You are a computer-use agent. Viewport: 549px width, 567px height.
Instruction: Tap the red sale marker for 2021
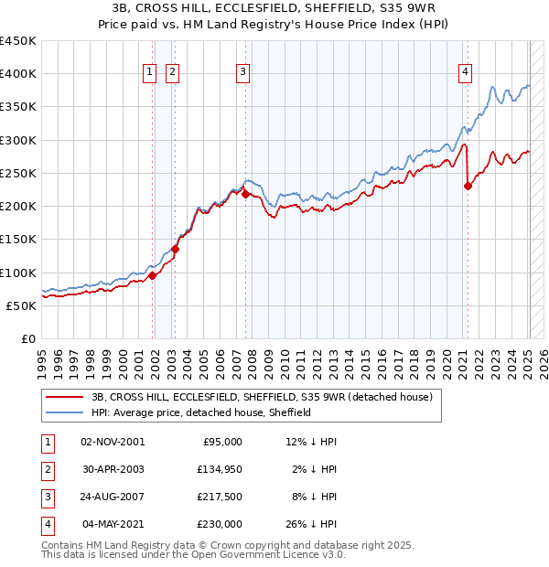pyautogui.click(x=468, y=186)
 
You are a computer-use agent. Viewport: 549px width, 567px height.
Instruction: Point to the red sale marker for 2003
pyautogui.click(x=175, y=249)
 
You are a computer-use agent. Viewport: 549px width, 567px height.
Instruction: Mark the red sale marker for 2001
pyautogui.click(x=152, y=275)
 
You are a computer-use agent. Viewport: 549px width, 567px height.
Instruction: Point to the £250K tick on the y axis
pyautogui.click(x=18, y=173)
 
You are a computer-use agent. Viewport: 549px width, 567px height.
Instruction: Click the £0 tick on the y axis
pyautogui.click(x=27, y=338)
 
